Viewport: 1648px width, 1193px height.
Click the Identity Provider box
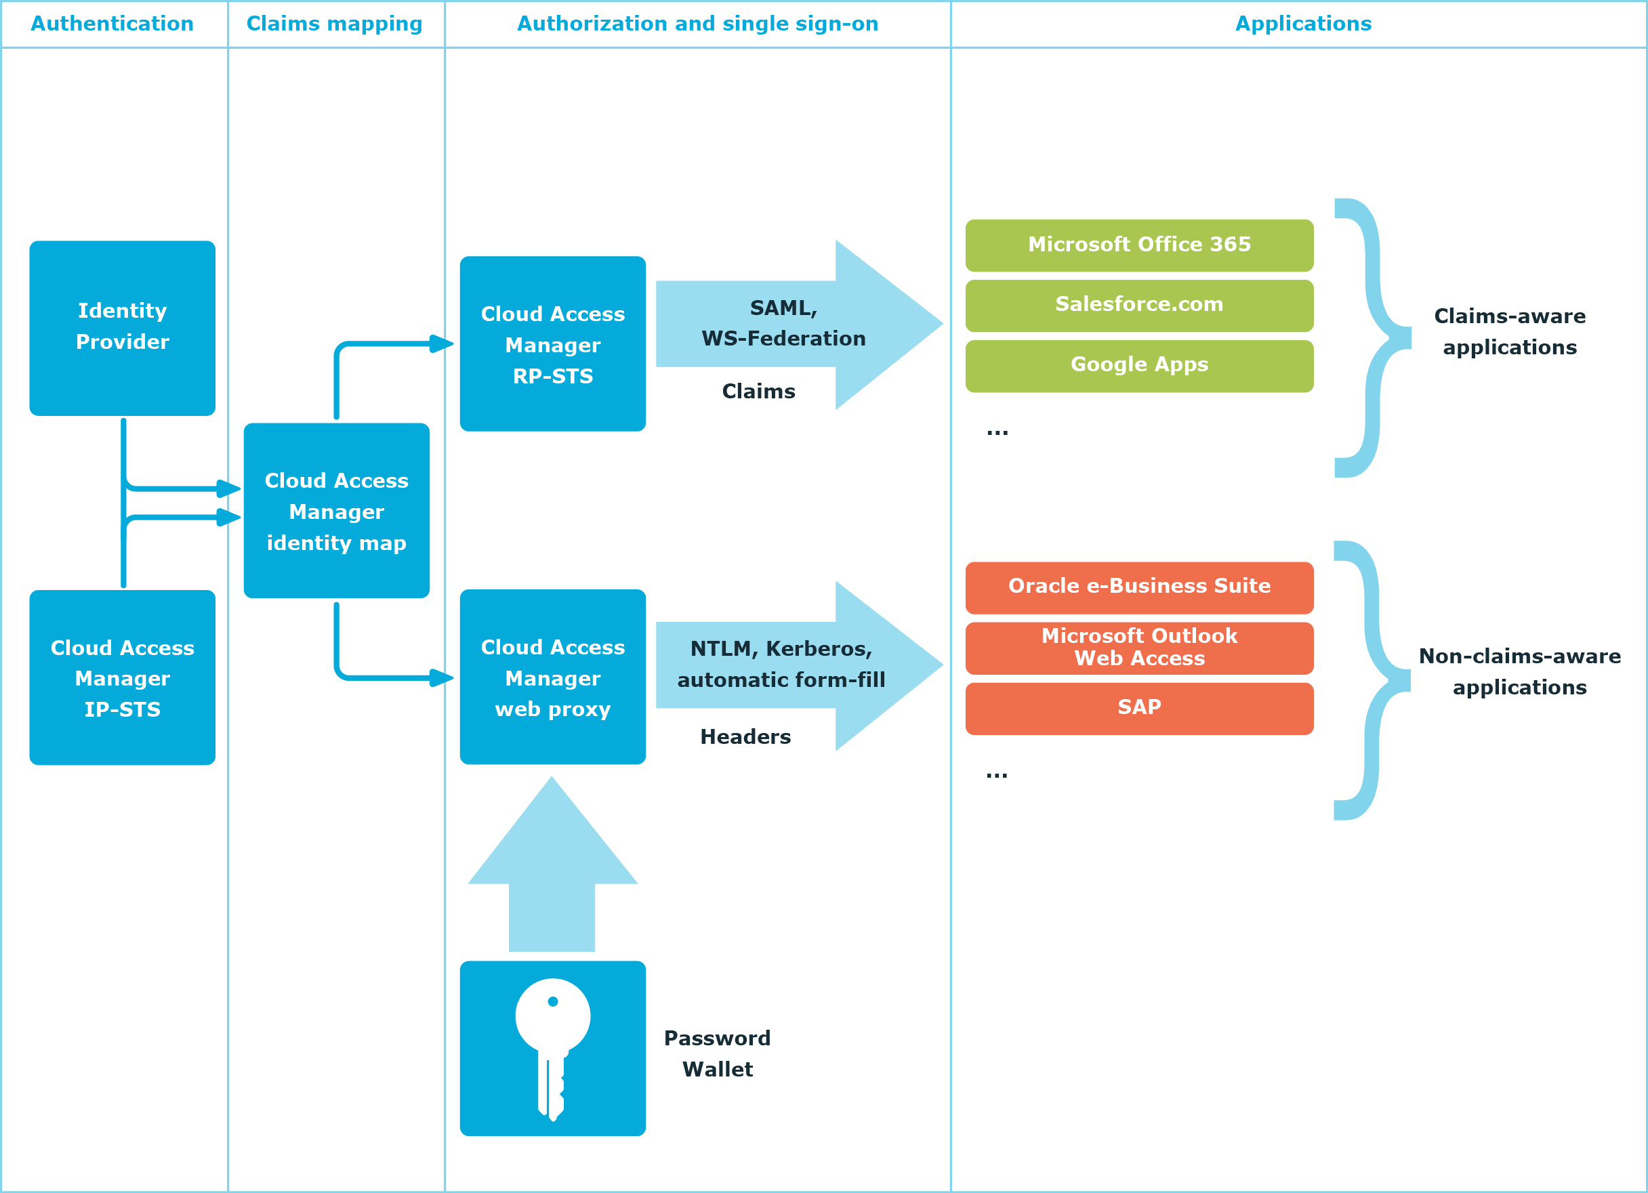coord(122,328)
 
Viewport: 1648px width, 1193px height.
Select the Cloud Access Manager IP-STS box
coord(122,677)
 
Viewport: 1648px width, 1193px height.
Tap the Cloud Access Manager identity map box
coord(336,511)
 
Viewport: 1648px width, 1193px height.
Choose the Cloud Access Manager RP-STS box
coord(552,343)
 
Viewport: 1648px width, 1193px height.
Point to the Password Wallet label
coord(717,1053)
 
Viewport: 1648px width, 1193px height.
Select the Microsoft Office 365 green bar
coord(1138,245)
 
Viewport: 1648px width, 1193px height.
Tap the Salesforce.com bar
coord(1138,305)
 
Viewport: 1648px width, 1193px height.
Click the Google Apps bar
coord(1138,365)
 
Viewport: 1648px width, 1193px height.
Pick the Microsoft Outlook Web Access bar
coord(1138,648)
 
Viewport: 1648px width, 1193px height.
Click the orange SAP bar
coord(1138,708)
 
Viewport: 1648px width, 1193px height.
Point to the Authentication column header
coord(112,24)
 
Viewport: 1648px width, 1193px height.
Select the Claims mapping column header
coord(334,24)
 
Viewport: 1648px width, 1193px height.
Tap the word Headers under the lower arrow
coord(745,736)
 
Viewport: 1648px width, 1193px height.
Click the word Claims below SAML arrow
coord(758,392)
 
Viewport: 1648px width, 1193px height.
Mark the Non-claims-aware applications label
coord(1519,671)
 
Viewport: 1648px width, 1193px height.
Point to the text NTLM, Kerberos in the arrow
coord(781,649)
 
